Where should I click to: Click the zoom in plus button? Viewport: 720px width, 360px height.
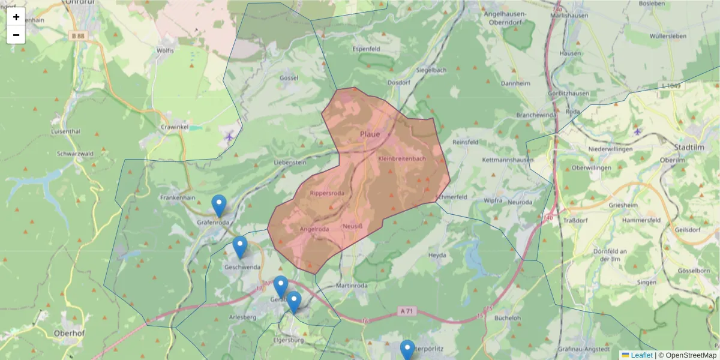16,17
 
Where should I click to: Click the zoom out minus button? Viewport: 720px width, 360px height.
16,35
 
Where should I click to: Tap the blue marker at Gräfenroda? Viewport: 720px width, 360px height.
219,206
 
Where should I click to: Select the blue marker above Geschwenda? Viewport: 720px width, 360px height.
240,247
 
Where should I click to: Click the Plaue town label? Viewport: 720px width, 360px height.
370,134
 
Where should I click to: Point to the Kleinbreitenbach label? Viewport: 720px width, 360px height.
402,158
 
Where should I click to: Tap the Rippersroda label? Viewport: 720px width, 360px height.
327,193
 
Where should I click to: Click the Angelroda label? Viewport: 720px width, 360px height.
314,229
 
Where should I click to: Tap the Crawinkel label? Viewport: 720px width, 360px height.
175,127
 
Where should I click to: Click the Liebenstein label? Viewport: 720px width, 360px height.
290,162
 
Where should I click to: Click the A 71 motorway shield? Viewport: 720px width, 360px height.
406,311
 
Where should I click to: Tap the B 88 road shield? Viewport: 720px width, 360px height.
77,36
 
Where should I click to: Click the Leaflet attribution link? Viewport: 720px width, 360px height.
641,355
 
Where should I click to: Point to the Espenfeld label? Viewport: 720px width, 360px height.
367,48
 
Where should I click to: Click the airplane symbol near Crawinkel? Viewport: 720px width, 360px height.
229,136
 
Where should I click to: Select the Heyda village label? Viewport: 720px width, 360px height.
437,255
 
